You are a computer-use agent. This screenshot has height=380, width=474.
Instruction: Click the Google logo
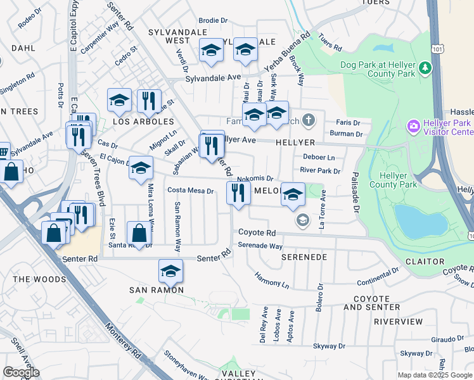click(x=21, y=372)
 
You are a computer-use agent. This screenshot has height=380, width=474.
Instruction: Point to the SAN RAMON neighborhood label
click(x=157, y=290)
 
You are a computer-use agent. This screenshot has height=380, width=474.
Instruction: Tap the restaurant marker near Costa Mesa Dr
click(x=238, y=193)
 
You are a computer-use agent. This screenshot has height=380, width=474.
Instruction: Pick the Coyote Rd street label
click(x=257, y=233)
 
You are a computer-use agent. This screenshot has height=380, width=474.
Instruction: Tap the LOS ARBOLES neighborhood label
click(x=143, y=122)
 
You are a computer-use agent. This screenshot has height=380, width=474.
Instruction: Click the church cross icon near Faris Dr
click(x=308, y=120)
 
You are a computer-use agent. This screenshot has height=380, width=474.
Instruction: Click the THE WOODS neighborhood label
click(x=39, y=279)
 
